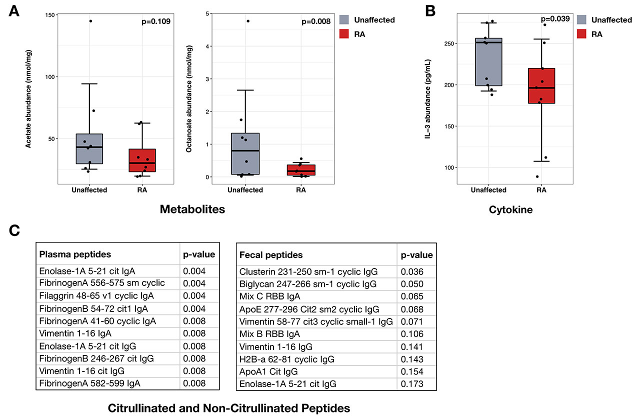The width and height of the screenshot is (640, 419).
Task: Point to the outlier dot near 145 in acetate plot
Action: (90, 21)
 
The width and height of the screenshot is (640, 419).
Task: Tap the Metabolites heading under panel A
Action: (192, 209)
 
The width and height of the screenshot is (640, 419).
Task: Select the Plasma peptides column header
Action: (75, 254)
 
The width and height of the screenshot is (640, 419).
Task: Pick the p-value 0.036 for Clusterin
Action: (411, 272)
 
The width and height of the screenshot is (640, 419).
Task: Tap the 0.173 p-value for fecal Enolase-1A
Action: (411, 384)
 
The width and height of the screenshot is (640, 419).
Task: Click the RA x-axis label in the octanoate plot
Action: (301, 190)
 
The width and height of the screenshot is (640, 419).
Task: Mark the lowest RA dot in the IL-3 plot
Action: (537, 176)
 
